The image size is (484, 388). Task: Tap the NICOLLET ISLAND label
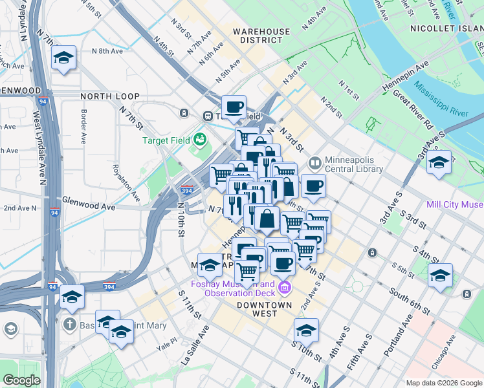coord(446,28)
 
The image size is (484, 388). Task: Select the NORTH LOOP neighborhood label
coord(110,96)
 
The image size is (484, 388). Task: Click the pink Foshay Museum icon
coord(285,286)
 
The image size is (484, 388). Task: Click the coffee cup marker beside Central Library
coord(314,187)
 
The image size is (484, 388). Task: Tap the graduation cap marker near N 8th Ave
coord(64,58)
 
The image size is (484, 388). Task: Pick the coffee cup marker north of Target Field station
coord(234,107)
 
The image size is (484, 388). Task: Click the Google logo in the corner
coord(21,380)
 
